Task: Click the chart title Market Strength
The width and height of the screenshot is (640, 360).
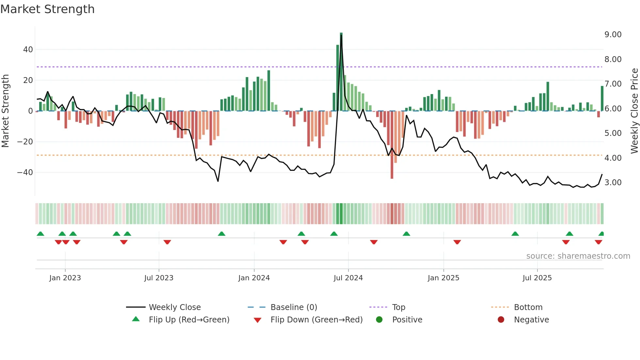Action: pos(47,9)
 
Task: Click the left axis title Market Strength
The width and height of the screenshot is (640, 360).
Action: pos(6,111)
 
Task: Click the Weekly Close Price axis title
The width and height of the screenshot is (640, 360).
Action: pos(634,111)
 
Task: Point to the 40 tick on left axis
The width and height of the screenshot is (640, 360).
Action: pos(28,50)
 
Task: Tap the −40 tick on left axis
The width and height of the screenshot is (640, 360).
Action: pos(25,172)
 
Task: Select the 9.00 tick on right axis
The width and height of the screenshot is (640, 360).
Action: pos(613,35)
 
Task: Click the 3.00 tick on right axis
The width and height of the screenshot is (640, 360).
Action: pos(613,183)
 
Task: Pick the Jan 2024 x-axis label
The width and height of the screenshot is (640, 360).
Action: pos(254,278)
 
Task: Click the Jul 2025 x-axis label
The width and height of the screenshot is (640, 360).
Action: pos(537,278)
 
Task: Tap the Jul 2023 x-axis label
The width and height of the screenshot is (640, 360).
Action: pos(159,278)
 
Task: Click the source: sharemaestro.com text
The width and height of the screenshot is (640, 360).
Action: pos(578,256)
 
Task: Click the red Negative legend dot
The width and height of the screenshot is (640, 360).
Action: pos(501,320)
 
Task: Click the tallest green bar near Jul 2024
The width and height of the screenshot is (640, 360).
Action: pos(341,72)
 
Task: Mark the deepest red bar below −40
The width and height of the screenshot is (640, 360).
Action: pos(392,145)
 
